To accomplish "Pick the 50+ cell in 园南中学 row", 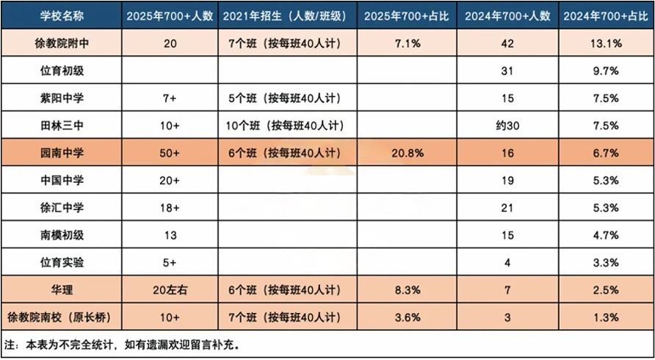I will pos(169,153).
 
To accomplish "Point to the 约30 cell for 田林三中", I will pos(507,126).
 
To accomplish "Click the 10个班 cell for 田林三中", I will pos(287,126).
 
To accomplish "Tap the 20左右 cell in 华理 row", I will pos(169,289).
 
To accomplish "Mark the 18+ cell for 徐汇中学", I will pos(169,208).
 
